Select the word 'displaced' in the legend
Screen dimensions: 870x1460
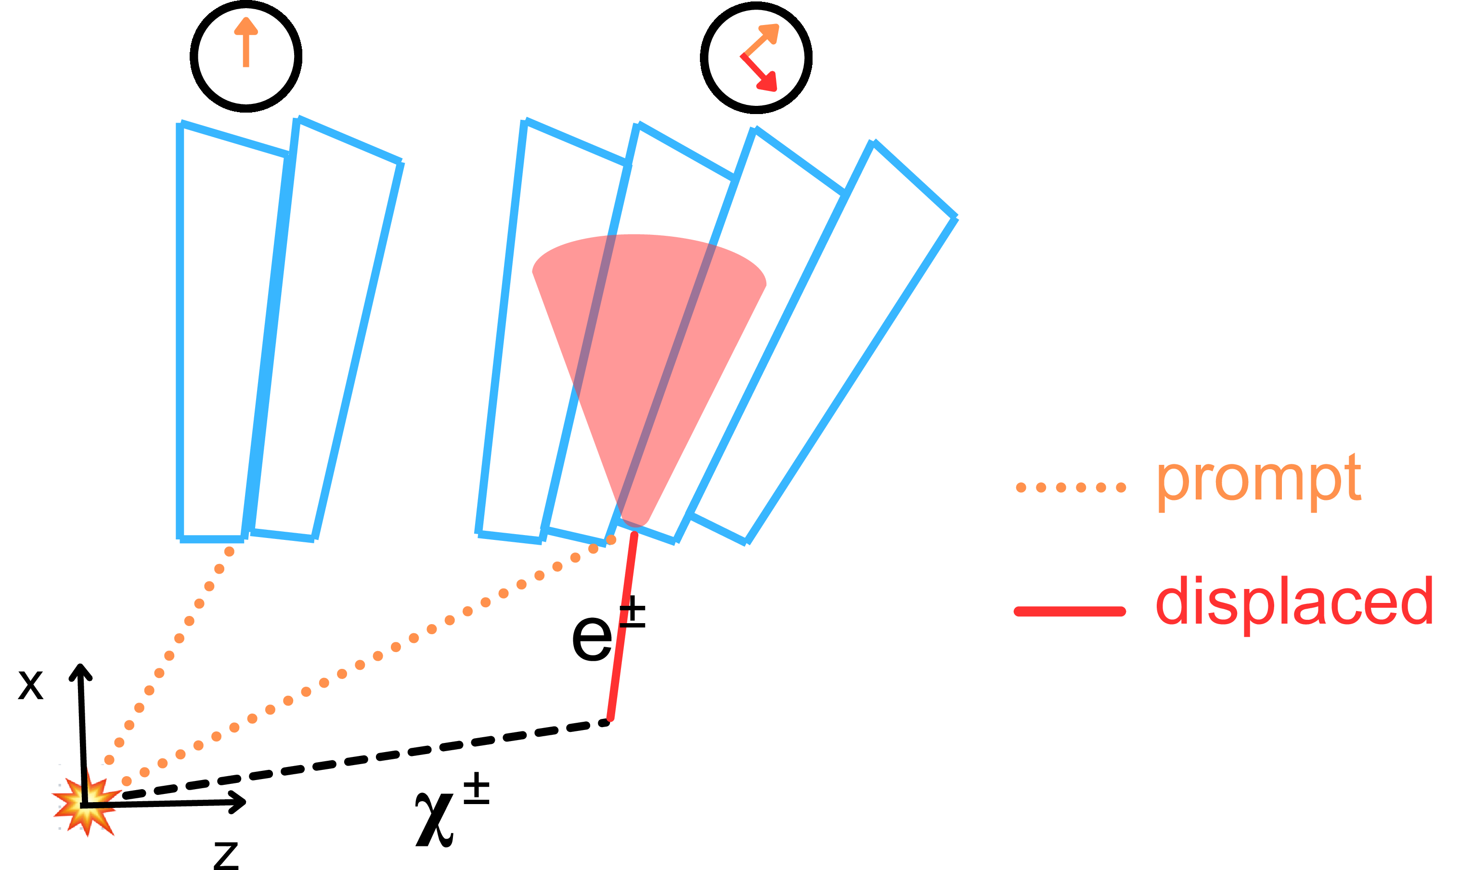click(x=1293, y=602)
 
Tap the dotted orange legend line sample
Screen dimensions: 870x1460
click(x=1071, y=487)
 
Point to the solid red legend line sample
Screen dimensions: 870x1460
click(x=1070, y=612)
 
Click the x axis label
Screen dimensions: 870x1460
click(x=30, y=684)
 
